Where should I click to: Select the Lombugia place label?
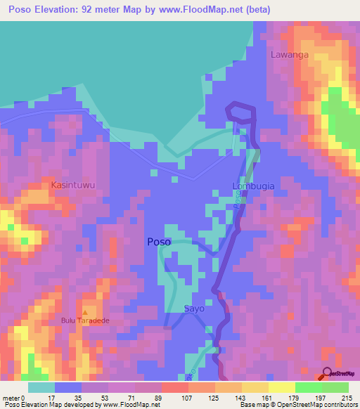(253, 186)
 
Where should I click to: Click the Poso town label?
(158, 242)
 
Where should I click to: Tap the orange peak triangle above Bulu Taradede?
(86, 312)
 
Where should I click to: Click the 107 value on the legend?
(188, 397)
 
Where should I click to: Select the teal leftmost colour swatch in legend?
(41, 387)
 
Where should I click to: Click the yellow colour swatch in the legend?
(281, 387)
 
